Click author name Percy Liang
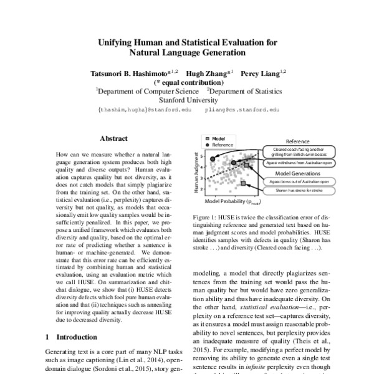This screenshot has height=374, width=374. click(262, 73)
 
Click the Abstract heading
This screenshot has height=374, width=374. click(114, 138)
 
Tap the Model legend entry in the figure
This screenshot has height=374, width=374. click(218, 138)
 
